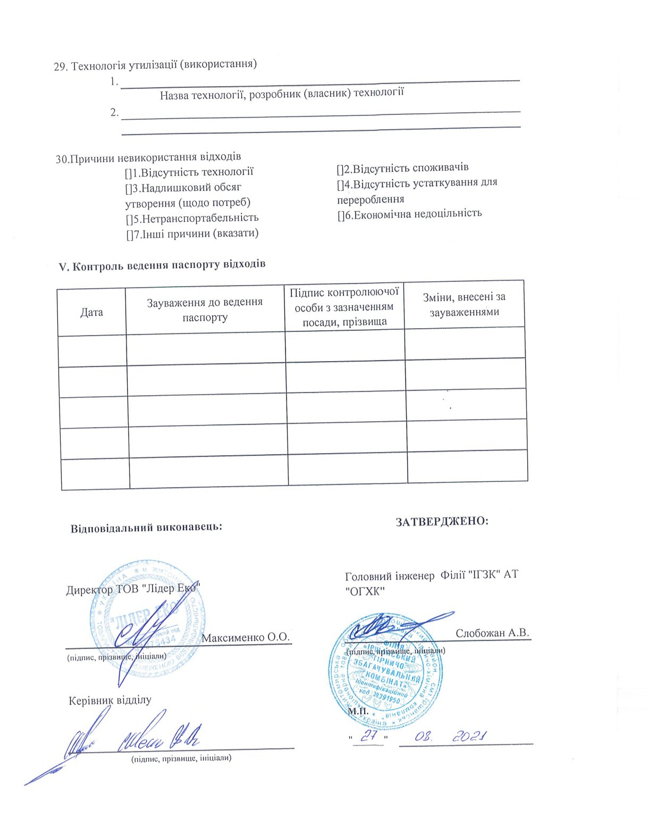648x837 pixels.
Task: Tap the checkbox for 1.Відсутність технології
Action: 128,173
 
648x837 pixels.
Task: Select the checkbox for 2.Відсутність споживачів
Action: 340,169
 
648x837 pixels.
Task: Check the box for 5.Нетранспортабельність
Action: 129,219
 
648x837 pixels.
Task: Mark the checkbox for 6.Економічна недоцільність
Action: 341,215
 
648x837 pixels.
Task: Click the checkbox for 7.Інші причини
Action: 129,235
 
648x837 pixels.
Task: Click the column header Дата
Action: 91,312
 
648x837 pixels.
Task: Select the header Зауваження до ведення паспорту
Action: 205,309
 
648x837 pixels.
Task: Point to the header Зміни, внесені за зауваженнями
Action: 464,304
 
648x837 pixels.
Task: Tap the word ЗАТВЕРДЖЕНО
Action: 442,521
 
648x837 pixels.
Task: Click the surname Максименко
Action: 237,637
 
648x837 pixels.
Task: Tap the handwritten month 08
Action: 423,737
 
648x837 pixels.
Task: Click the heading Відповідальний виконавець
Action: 146,528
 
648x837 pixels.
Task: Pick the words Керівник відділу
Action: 110,700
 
